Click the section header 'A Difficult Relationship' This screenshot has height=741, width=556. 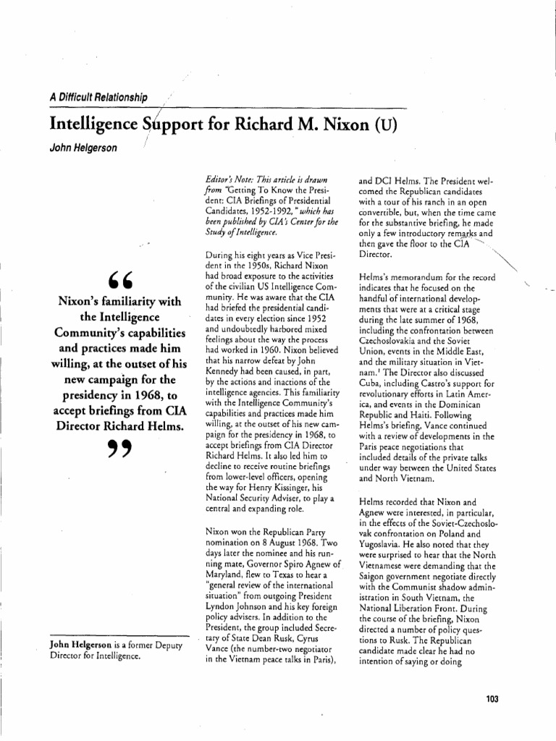98,97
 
